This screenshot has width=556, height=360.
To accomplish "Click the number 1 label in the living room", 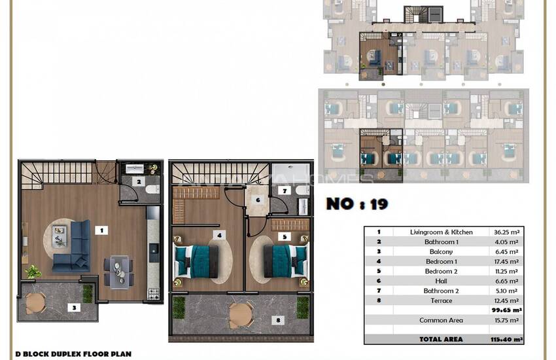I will click(x=101, y=230).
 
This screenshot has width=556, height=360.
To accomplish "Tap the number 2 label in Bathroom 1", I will click(x=138, y=181).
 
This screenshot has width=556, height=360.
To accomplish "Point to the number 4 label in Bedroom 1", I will click(x=220, y=234).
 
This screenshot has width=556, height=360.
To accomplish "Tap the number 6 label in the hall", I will click(x=258, y=200).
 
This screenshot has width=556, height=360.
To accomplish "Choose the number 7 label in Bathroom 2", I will click(x=285, y=190).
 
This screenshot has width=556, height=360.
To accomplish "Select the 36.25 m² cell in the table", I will click(x=505, y=232).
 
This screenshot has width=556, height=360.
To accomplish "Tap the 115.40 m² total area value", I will click(x=508, y=339).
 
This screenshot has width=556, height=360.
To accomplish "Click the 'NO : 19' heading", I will click(x=357, y=204).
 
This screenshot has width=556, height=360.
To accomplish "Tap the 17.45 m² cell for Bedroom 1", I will click(x=505, y=261).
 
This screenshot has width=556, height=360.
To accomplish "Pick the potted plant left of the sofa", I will click(x=31, y=270).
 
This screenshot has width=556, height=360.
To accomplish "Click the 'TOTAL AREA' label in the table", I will click(x=441, y=339).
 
